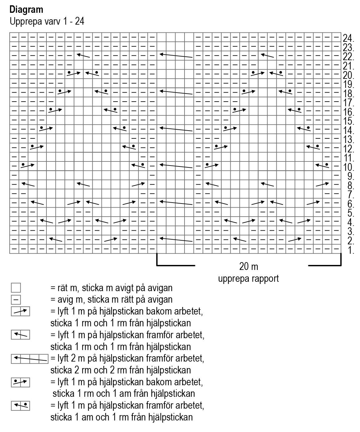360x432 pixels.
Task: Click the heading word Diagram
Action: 26,10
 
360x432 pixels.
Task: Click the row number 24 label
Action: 348,39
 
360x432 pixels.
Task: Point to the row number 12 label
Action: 348,149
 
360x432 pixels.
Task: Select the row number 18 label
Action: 348,94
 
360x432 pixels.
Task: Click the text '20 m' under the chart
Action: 248,267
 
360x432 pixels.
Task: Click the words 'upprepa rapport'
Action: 248,278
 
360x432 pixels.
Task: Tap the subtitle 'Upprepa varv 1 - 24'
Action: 47,22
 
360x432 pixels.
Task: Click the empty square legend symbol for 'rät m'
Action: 16,288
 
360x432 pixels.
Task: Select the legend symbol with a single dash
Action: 16,300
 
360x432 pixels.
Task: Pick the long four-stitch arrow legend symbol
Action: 30,359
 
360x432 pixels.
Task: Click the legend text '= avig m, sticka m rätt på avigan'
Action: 111,300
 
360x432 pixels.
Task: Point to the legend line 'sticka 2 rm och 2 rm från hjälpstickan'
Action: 120,370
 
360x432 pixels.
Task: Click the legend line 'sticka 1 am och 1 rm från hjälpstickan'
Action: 121,417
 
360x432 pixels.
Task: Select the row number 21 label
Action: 348,66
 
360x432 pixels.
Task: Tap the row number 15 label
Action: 348,122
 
